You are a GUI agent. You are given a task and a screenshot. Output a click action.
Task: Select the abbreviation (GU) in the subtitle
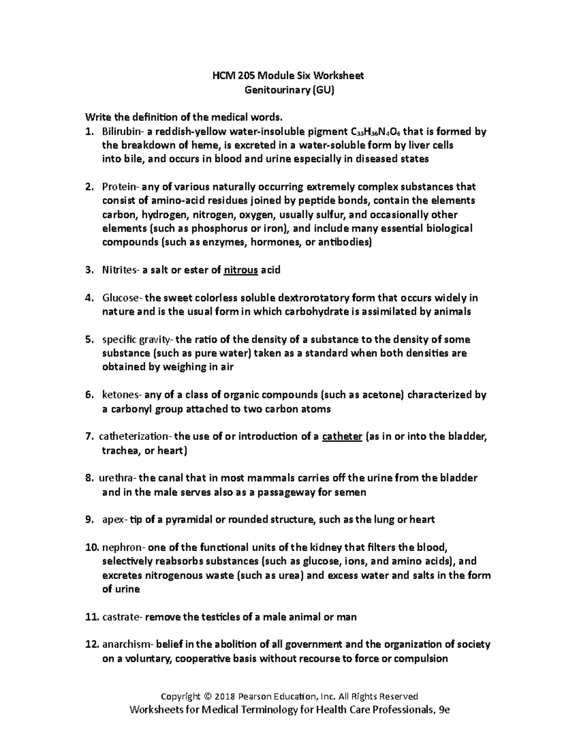[323, 90]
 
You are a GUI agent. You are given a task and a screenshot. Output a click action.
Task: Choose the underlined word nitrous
[241, 270]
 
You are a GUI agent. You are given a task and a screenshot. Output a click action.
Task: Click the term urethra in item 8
[117, 478]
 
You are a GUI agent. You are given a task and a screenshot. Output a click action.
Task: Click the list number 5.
[88, 340]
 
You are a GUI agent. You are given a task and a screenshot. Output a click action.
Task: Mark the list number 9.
[88, 520]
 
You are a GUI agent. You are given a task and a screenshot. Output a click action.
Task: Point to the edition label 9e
[442, 710]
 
